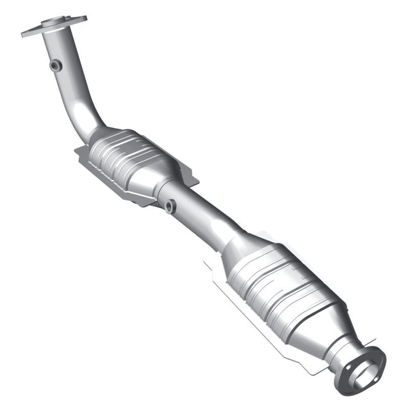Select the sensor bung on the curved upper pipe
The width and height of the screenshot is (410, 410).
point(56,65)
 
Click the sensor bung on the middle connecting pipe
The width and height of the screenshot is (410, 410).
point(170,206)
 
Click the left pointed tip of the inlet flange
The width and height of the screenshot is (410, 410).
point(25,33)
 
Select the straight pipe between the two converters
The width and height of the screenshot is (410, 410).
point(202,215)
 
